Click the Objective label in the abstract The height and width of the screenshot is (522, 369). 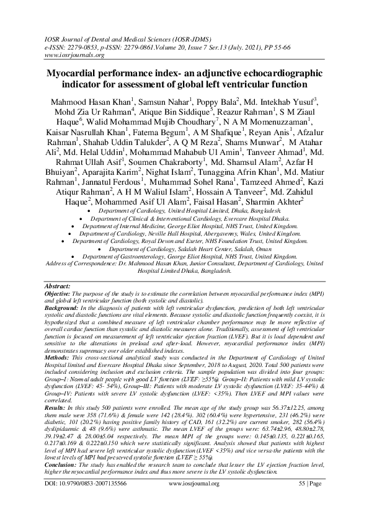pos(57,293)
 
